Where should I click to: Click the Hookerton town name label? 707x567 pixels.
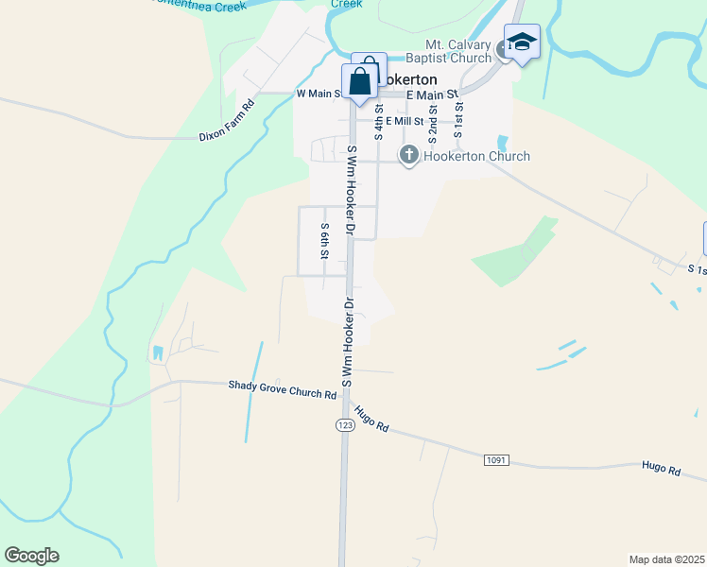tap(414, 80)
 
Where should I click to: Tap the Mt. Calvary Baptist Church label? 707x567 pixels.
tap(458, 51)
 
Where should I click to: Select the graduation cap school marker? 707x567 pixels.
tap(521, 42)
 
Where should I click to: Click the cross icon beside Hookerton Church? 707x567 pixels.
tap(409, 156)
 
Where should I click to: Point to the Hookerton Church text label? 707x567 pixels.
tap(477, 156)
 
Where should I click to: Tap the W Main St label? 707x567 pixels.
tap(319, 94)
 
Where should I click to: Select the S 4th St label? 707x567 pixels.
tap(378, 121)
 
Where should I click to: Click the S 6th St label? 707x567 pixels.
tap(323, 242)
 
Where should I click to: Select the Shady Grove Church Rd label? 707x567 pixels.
tap(283, 388)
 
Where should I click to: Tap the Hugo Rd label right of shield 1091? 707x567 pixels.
tap(661, 468)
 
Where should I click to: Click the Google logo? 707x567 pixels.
tap(31, 556)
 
